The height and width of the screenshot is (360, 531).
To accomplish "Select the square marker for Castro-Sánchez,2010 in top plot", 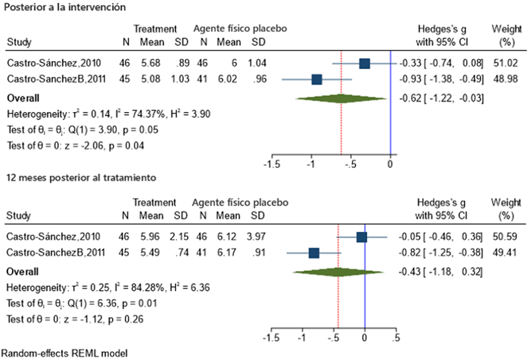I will (x=364, y=63).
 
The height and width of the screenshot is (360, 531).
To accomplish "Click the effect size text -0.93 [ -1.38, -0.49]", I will (x=441, y=80).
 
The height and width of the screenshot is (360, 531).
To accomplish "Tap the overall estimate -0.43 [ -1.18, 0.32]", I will (x=441, y=271).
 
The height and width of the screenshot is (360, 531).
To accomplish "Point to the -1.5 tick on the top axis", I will (x=271, y=164).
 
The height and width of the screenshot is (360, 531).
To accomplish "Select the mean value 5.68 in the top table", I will (x=151, y=64).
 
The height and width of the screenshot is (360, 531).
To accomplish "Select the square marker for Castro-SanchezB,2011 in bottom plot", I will (x=314, y=252).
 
